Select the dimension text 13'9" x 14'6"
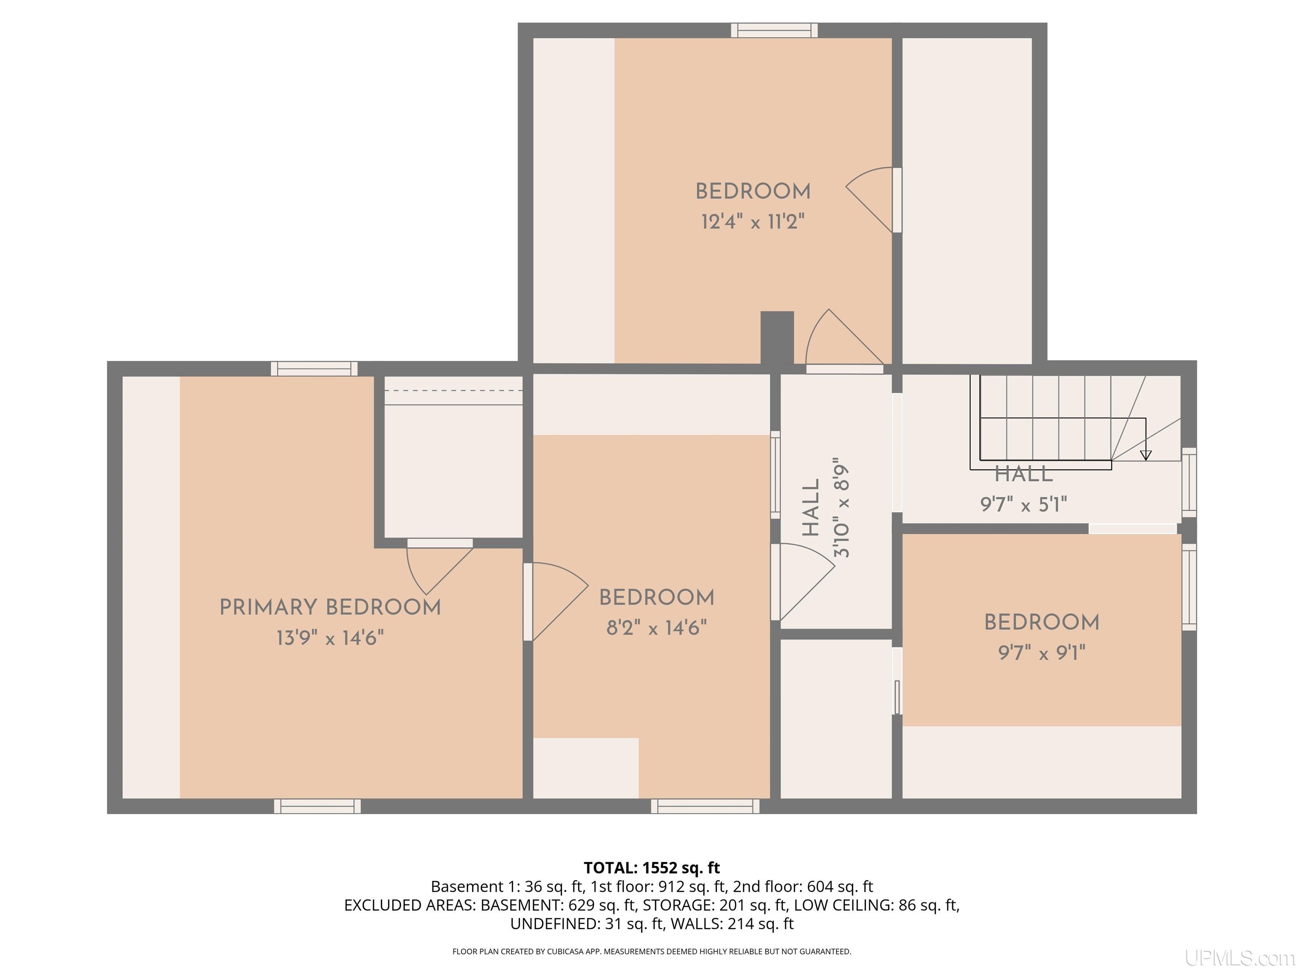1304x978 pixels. tap(330, 638)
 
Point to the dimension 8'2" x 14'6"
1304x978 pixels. tap(657, 628)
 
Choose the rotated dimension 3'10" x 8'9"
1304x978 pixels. tap(841, 508)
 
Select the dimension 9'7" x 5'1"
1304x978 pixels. tap(1024, 505)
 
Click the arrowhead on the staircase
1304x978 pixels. tap(1145, 455)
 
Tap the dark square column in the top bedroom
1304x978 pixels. tap(777, 337)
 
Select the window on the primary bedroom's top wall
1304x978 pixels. tap(314, 368)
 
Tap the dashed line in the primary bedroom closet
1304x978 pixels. tap(453, 390)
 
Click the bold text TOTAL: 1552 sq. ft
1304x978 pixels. tap(652, 868)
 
